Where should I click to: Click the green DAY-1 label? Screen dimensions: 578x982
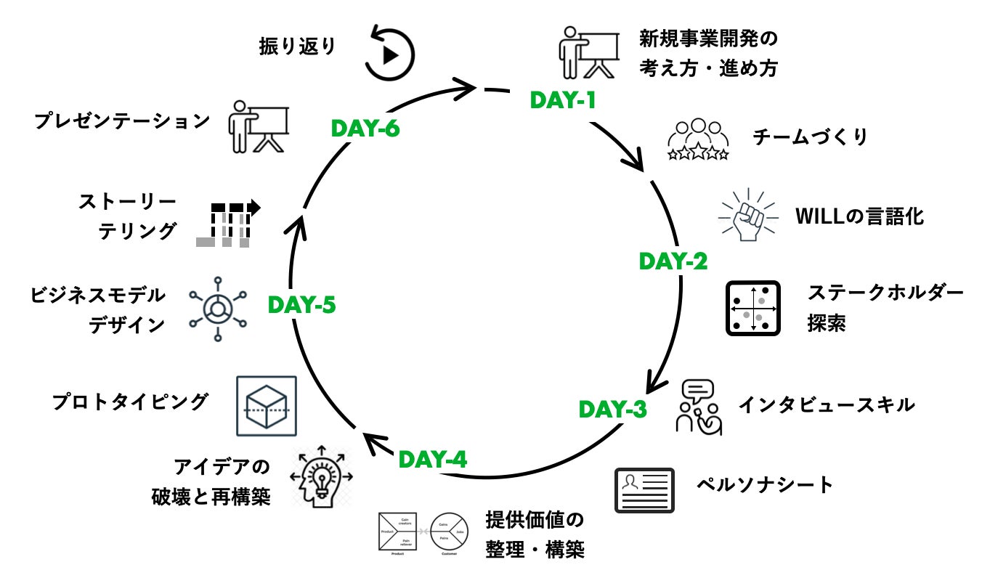[563, 100]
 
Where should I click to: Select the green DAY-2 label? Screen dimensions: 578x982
[673, 261]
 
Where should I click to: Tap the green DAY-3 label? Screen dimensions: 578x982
[612, 410]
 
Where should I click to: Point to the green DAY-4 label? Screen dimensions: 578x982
[433, 459]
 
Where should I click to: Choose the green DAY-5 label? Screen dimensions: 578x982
[301, 305]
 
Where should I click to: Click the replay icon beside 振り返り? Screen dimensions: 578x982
[389, 54]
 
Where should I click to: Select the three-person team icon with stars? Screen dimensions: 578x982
[698, 139]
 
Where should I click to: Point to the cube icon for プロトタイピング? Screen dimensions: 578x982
[267, 406]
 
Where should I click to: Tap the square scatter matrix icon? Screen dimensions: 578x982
[753, 309]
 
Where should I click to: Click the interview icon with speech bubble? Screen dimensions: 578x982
[699, 407]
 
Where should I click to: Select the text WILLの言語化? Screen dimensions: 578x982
[859, 216]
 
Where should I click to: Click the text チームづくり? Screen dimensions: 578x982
[811, 137]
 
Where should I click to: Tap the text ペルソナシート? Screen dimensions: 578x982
[765, 484]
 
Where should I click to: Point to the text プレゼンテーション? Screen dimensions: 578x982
[122, 121]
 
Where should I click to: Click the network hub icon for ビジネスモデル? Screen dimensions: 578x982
[216, 309]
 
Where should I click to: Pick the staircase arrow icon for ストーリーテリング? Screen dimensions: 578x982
[227, 222]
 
